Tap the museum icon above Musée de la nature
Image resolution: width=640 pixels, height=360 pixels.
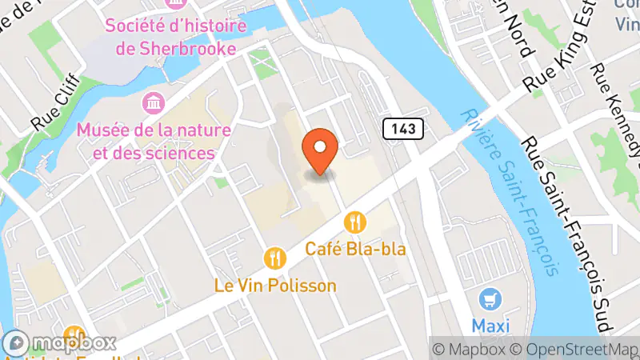[150, 102]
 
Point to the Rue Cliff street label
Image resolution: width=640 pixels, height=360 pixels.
[52, 111]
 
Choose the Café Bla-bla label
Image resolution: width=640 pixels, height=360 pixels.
[355, 249]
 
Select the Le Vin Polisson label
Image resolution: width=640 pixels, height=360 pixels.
[274, 286]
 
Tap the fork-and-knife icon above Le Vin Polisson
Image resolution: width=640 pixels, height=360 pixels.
[275, 257]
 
